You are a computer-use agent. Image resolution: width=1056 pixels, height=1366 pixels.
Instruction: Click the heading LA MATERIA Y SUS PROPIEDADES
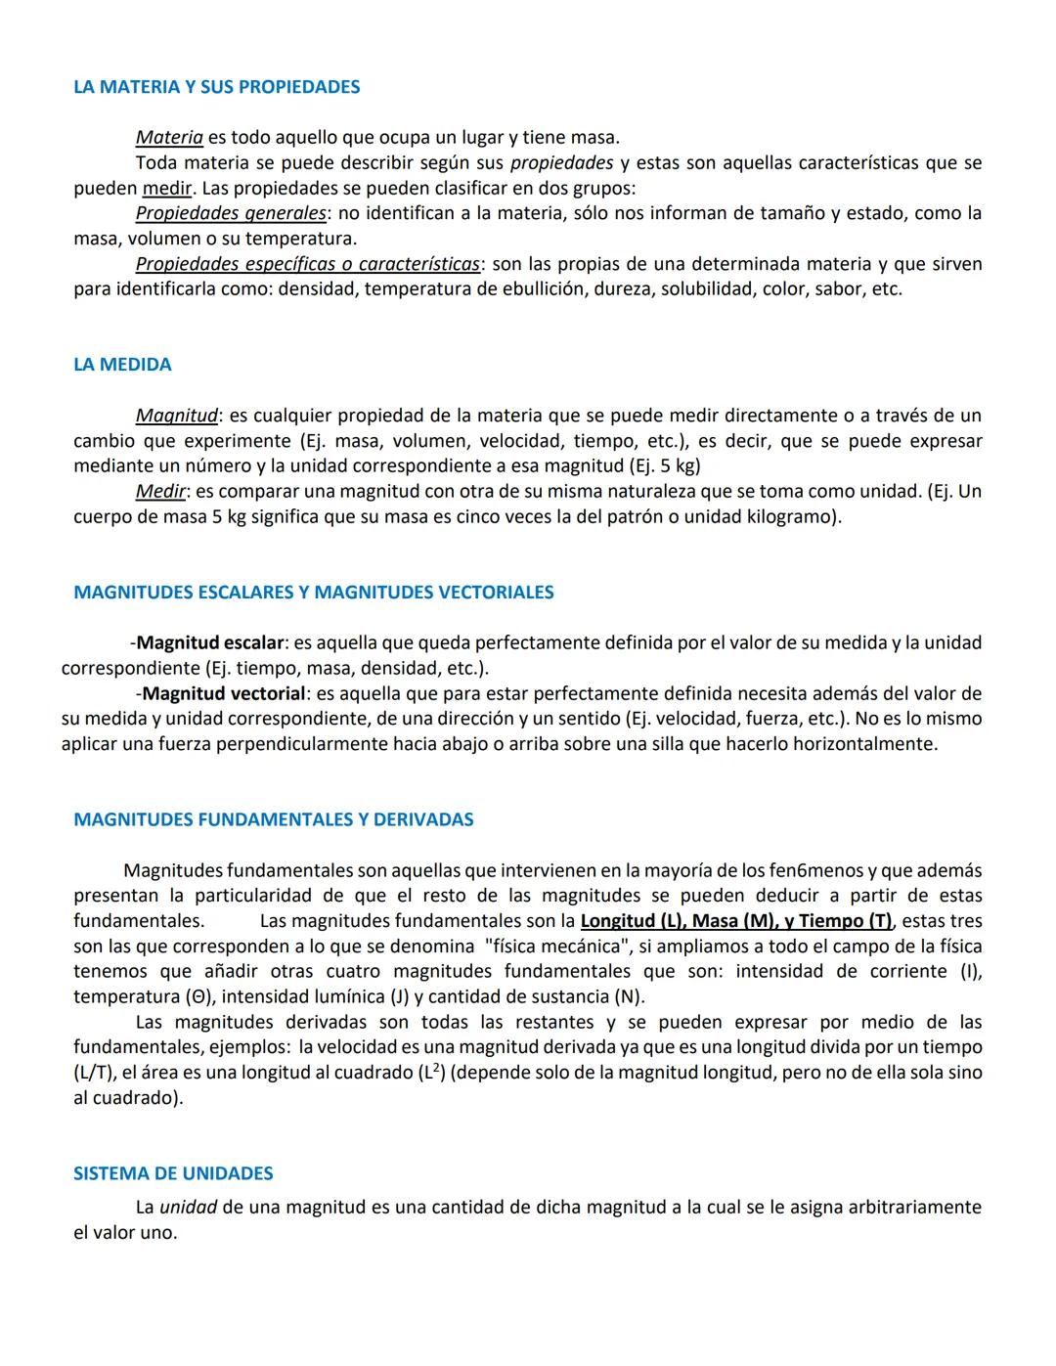coord(216,87)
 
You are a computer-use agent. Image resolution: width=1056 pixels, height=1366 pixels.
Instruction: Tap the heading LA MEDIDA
coord(122,365)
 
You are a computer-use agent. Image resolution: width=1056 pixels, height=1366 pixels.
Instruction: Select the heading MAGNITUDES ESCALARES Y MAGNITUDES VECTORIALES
coord(313,593)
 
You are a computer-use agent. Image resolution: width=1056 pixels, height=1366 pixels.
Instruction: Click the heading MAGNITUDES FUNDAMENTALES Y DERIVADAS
coord(273,819)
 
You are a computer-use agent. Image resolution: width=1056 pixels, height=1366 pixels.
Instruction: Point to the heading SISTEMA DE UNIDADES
coord(173,1173)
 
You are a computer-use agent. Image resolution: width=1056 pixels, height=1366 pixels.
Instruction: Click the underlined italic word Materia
coord(169,138)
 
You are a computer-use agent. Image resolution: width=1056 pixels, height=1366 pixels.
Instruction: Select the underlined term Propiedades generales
coord(231,213)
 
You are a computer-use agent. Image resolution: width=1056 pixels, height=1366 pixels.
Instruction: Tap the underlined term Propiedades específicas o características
coord(308,264)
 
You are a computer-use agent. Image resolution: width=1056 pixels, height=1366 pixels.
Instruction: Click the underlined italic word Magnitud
coord(176,416)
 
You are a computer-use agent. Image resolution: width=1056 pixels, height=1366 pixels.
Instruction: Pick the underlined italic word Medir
coord(160,491)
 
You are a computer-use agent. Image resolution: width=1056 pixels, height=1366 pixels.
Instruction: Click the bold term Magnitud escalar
coord(209,643)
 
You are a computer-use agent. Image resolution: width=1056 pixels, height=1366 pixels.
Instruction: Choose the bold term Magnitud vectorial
coord(223,694)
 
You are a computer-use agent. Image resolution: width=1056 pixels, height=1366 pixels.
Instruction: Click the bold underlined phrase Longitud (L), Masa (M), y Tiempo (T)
coord(735,921)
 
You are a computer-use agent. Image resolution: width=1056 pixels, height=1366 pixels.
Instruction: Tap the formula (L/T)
coord(96,1073)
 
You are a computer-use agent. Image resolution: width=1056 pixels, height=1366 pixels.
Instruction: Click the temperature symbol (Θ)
coord(197,997)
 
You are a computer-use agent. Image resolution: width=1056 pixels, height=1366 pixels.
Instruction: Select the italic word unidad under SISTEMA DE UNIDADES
coord(188,1208)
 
